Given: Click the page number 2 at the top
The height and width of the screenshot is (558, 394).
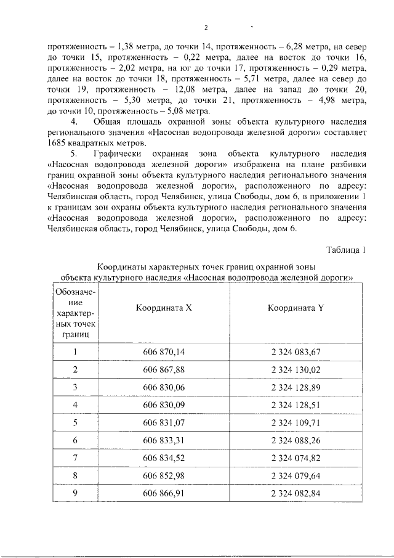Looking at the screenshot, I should (x=206, y=28).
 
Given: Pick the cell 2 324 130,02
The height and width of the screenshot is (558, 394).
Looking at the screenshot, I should (x=295, y=369).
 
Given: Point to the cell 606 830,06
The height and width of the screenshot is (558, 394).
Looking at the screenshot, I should (x=164, y=387).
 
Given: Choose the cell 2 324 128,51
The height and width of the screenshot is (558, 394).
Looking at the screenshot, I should (x=295, y=404).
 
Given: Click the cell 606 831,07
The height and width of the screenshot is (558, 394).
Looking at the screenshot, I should (x=164, y=422).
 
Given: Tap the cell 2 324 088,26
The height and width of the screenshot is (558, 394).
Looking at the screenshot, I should (x=295, y=440).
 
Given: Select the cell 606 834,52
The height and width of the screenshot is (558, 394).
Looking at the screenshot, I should (x=164, y=458).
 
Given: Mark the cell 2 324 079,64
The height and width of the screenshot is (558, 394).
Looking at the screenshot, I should (x=295, y=476).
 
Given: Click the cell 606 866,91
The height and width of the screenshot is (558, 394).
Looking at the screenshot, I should (x=164, y=494).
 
